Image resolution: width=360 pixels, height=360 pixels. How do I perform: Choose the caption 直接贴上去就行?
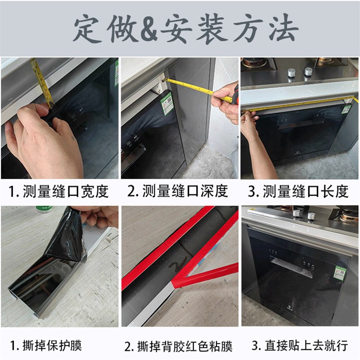tap(300, 346)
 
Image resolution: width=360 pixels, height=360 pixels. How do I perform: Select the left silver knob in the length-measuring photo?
tap(291, 72)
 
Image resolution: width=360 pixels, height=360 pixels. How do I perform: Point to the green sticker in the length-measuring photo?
tap(346, 109)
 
